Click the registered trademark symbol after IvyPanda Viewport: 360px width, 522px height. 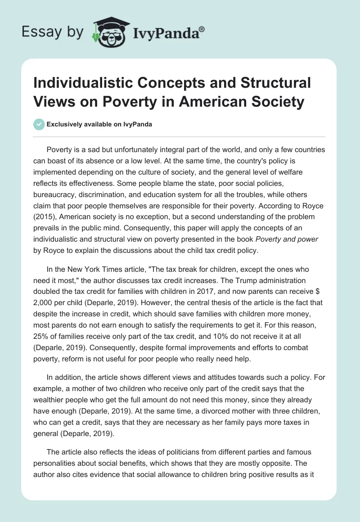click(x=202, y=28)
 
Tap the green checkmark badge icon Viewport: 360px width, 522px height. click(x=39, y=124)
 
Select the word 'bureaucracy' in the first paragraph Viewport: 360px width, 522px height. click(x=54, y=184)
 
